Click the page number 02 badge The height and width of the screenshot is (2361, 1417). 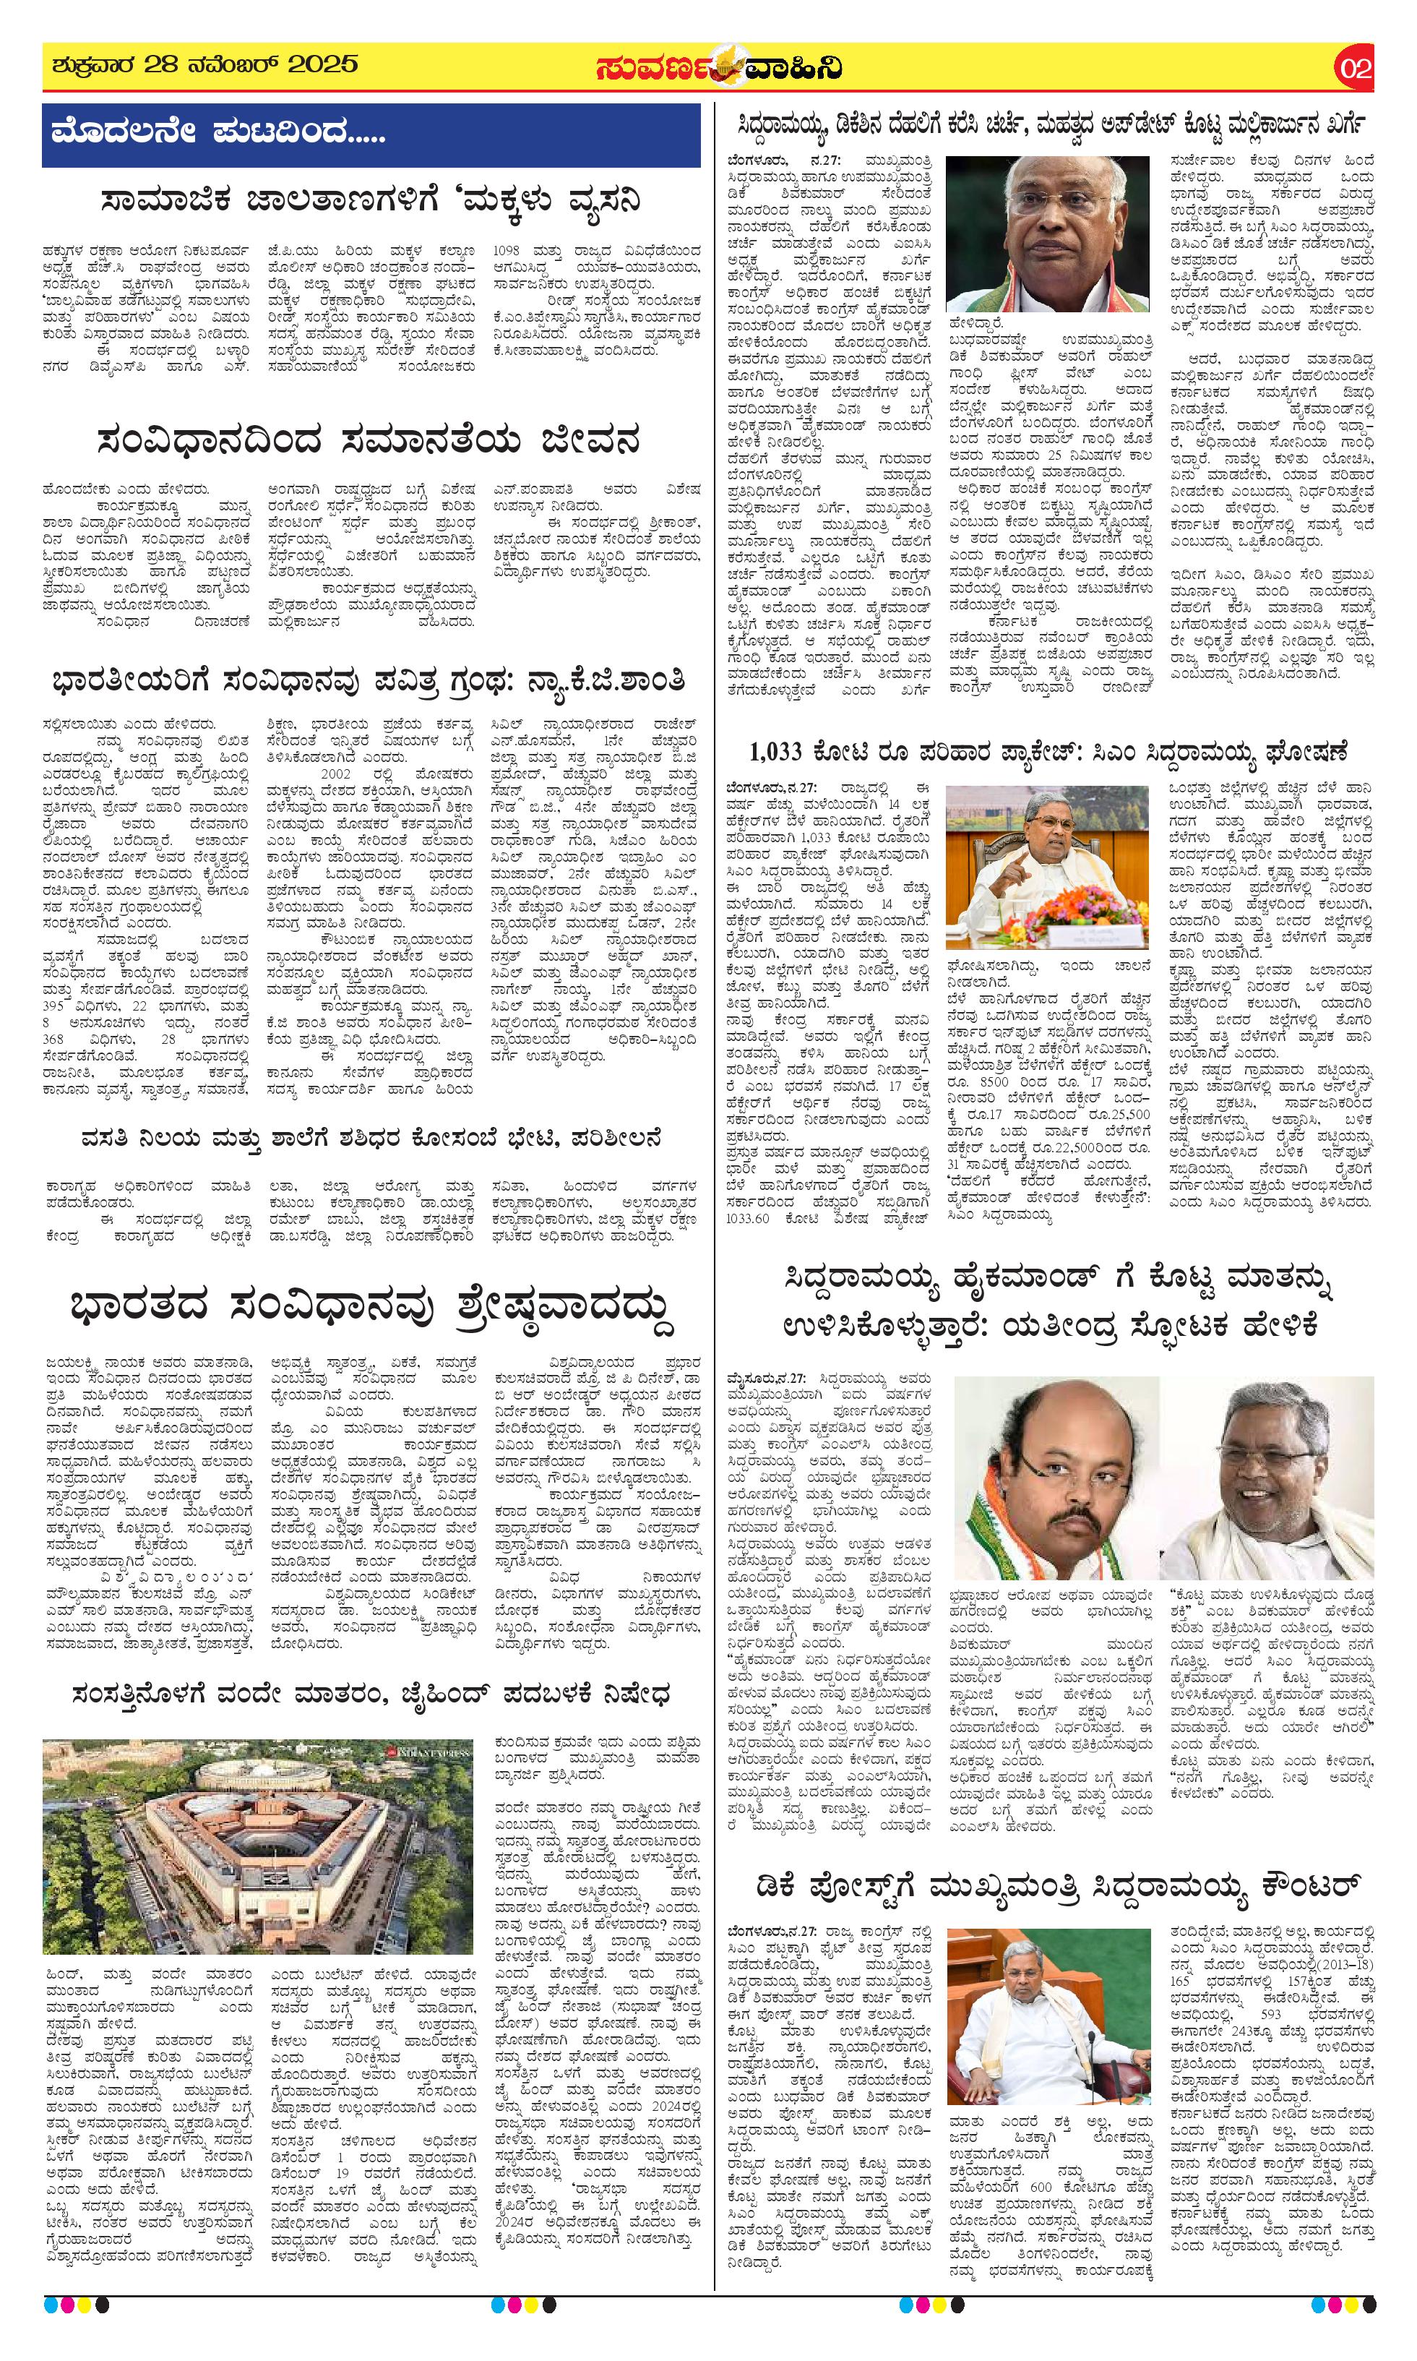tap(1354, 69)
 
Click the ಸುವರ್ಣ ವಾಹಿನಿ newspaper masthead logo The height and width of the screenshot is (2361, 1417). tap(718, 69)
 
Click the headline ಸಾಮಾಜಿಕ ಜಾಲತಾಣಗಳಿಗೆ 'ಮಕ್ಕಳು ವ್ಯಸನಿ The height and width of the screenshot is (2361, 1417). tap(371, 202)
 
